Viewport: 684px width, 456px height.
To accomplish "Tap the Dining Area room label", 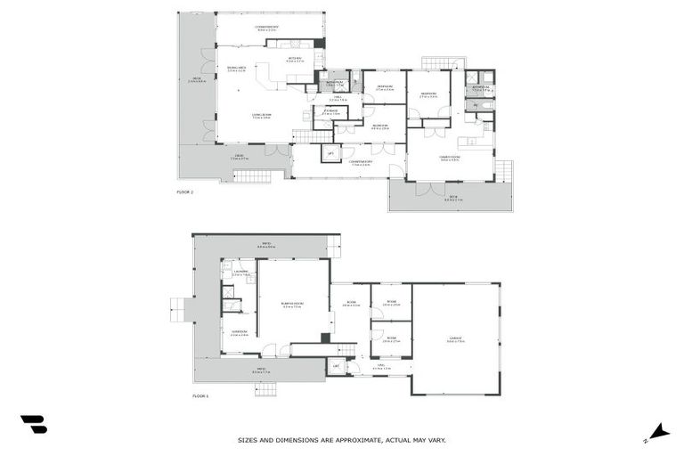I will (236, 69).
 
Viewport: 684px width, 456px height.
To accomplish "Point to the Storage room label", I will (330, 113).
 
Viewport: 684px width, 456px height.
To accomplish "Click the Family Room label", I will (449, 159).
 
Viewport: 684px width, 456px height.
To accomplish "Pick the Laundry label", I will (240, 273).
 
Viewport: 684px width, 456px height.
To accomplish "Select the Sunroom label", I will (240, 335).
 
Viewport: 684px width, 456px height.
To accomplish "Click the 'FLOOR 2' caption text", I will (185, 191).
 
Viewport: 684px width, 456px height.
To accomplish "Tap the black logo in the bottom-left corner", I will (34, 425).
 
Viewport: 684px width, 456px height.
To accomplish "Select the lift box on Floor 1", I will (336, 366).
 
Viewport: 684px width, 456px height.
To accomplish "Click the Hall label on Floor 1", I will (381, 367).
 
